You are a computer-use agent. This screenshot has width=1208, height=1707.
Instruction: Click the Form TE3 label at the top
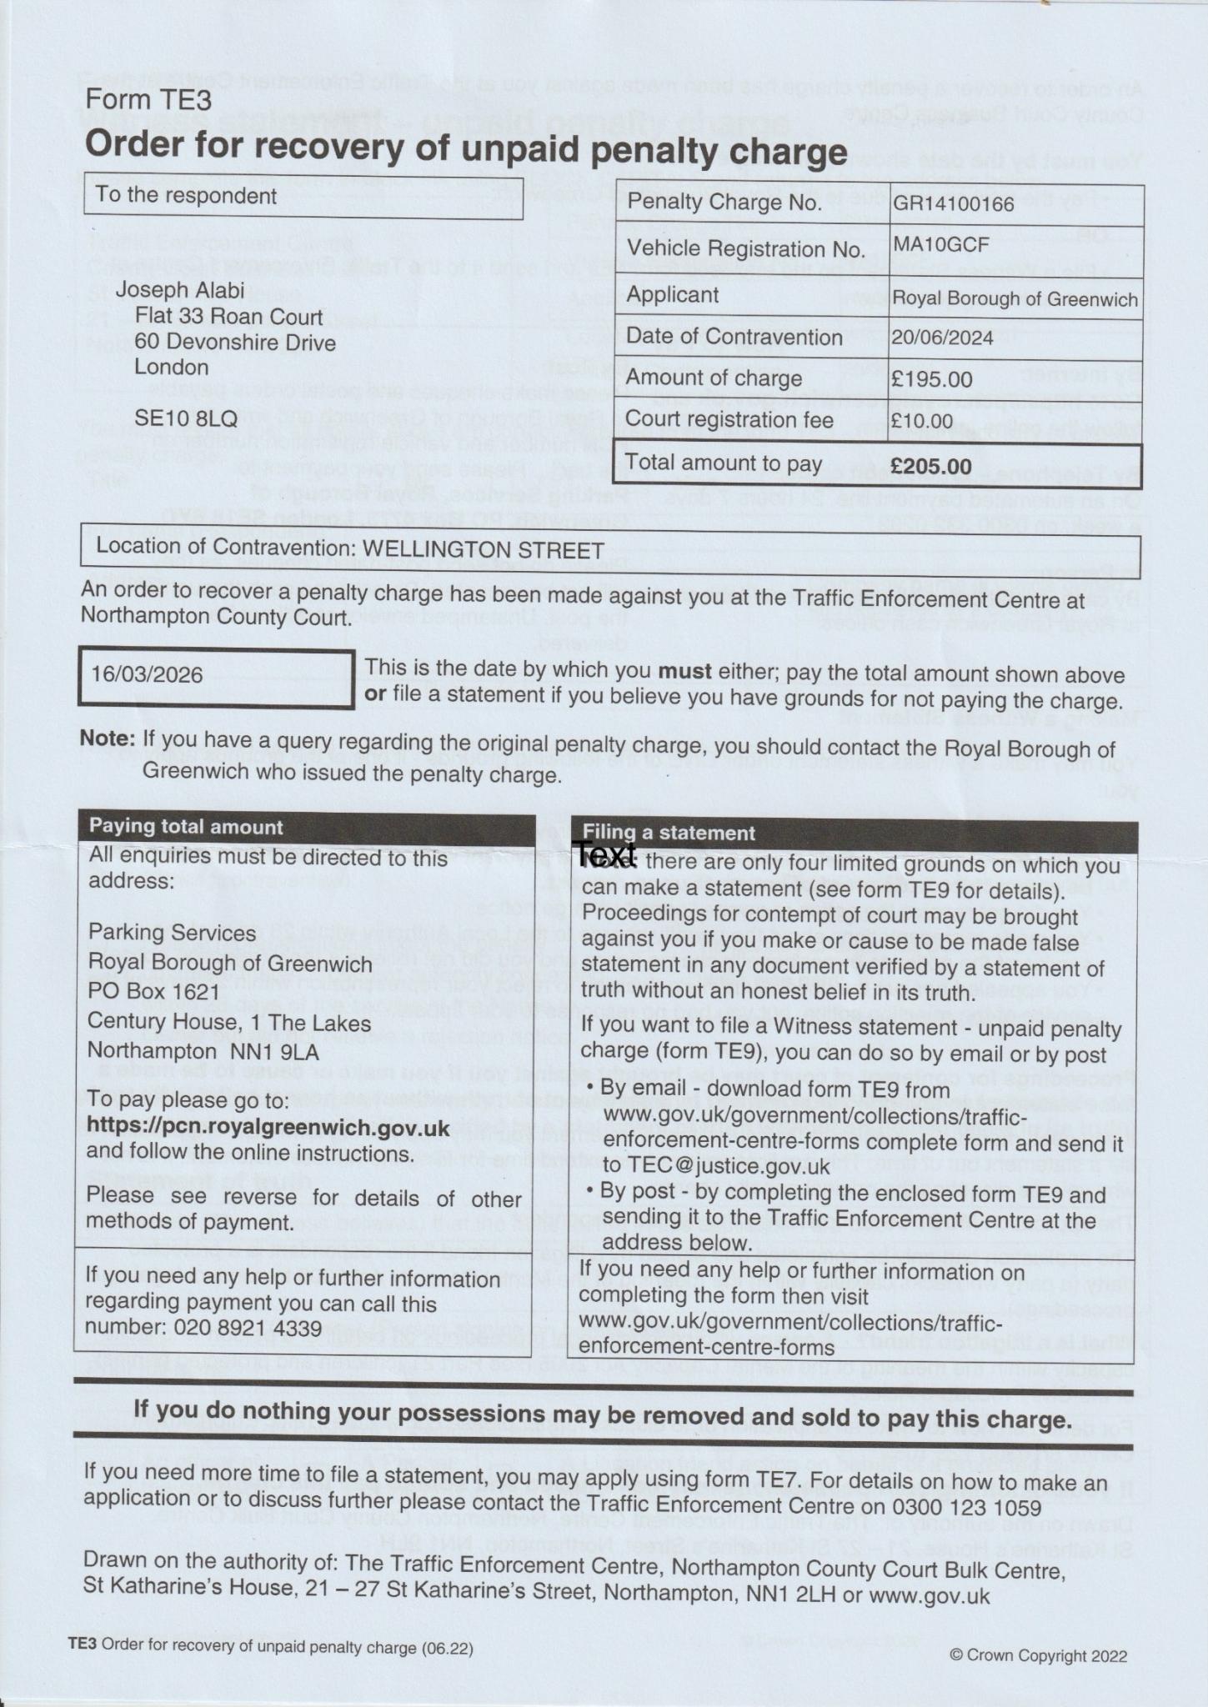point(148,100)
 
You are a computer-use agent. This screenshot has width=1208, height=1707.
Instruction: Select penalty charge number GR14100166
point(953,203)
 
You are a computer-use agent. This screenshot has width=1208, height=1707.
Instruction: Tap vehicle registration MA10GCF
point(940,245)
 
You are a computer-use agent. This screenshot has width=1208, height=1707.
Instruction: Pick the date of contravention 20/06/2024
point(943,337)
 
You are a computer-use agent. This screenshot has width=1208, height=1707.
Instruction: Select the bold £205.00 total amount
point(930,466)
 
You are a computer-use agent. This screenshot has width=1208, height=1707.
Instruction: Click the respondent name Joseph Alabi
point(180,290)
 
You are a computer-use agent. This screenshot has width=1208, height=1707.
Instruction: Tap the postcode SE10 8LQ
point(186,418)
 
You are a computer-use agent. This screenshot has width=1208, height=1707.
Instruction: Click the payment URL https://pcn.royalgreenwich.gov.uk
point(268,1128)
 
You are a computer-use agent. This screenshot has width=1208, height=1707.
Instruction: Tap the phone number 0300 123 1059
point(966,1507)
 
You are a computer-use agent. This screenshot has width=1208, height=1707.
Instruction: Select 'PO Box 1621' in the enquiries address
point(153,992)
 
